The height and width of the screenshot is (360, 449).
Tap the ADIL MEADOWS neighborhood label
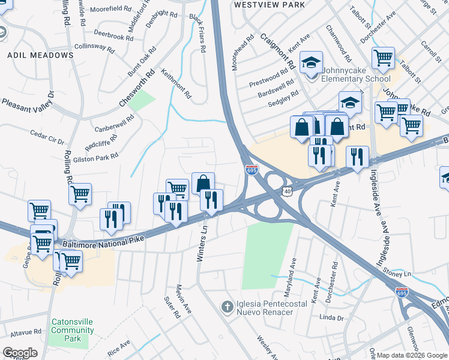coord(40,55)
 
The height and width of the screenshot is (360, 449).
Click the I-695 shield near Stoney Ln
coord(402,293)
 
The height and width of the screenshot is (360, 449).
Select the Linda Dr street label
coord(331,317)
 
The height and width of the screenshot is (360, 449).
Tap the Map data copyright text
coord(411,355)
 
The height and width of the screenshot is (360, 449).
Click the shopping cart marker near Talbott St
coord(383,58)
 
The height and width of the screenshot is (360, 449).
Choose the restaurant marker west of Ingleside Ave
coord(357,157)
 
